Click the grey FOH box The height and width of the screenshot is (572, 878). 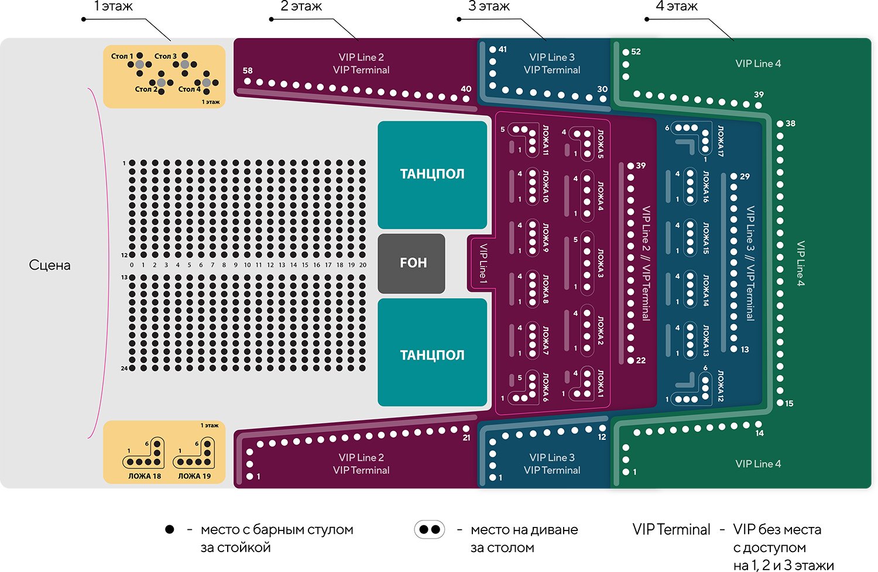point(412,263)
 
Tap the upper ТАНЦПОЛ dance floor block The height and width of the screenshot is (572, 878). point(432,174)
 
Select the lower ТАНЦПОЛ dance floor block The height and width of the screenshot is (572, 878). point(432,355)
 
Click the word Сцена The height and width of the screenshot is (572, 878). point(50,265)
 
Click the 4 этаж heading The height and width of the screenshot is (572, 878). point(677,6)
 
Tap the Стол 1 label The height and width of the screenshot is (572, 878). point(122,56)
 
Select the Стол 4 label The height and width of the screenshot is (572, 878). point(189,89)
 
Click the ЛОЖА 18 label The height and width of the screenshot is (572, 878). point(145,476)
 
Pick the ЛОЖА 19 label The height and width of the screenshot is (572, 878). point(194,476)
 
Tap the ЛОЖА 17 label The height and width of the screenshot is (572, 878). point(721,141)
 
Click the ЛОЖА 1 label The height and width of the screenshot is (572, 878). point(601,383)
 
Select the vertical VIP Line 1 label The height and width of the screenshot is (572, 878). point(483,264)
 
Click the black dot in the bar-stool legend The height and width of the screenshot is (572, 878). point(169,530)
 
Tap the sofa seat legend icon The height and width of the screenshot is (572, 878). point(430,530)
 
